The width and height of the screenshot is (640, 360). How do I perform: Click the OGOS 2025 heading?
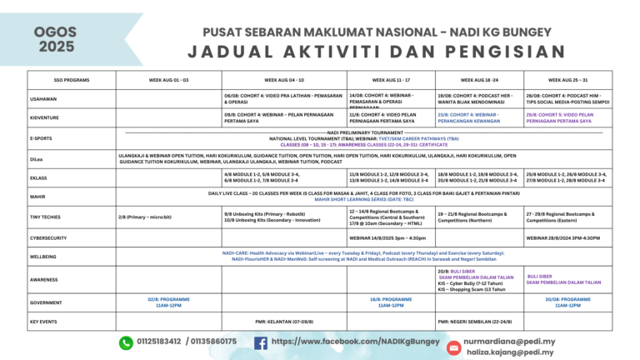click(x=55, y=40)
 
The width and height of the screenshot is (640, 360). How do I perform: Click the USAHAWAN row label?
click(x=43, y=99)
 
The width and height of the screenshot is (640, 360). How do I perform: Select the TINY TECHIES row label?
click(x=45, y=217)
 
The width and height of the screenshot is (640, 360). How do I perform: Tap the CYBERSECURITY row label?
click(x=49, y=237)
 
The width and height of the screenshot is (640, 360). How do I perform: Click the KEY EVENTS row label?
click(x=43, y=321)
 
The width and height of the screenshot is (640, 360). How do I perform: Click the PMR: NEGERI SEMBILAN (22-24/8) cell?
click(x=478, y=321)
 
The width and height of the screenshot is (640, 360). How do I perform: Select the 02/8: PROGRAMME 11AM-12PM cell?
click(x=169, y=302)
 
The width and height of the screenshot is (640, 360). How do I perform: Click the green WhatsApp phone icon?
click(x=127, y=342)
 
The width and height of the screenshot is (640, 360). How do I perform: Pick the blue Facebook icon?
click(x=261, y=342)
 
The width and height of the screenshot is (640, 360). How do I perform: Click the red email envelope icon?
click(x=453, y=347)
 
